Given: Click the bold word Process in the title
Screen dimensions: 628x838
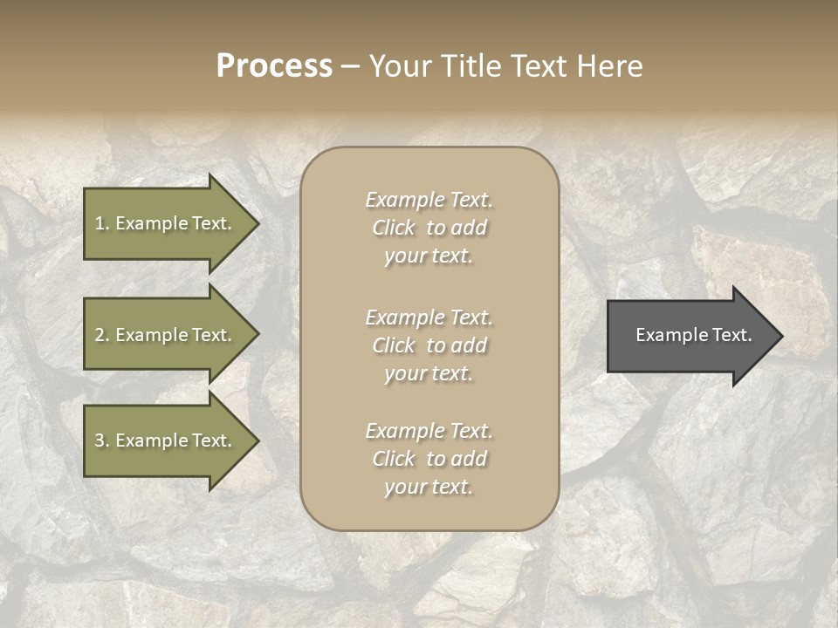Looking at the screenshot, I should coord(274,66).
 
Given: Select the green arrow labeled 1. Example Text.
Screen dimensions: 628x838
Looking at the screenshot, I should coord(166,223).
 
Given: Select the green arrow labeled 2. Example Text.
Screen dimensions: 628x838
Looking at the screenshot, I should coord(166,335).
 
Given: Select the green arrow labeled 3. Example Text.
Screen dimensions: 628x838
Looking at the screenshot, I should coord(166,440).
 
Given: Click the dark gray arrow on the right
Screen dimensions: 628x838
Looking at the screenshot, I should coord(690,336).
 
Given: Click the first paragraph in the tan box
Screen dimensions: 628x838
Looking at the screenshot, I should coord(429,228).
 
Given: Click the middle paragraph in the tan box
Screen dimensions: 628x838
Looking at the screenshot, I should coord(429,345).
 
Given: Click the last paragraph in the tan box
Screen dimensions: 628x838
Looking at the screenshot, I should coord(429,459).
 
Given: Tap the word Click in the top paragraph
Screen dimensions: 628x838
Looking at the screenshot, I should coord(394,228).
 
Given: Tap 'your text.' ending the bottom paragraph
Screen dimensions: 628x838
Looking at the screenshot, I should coord(429,487).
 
